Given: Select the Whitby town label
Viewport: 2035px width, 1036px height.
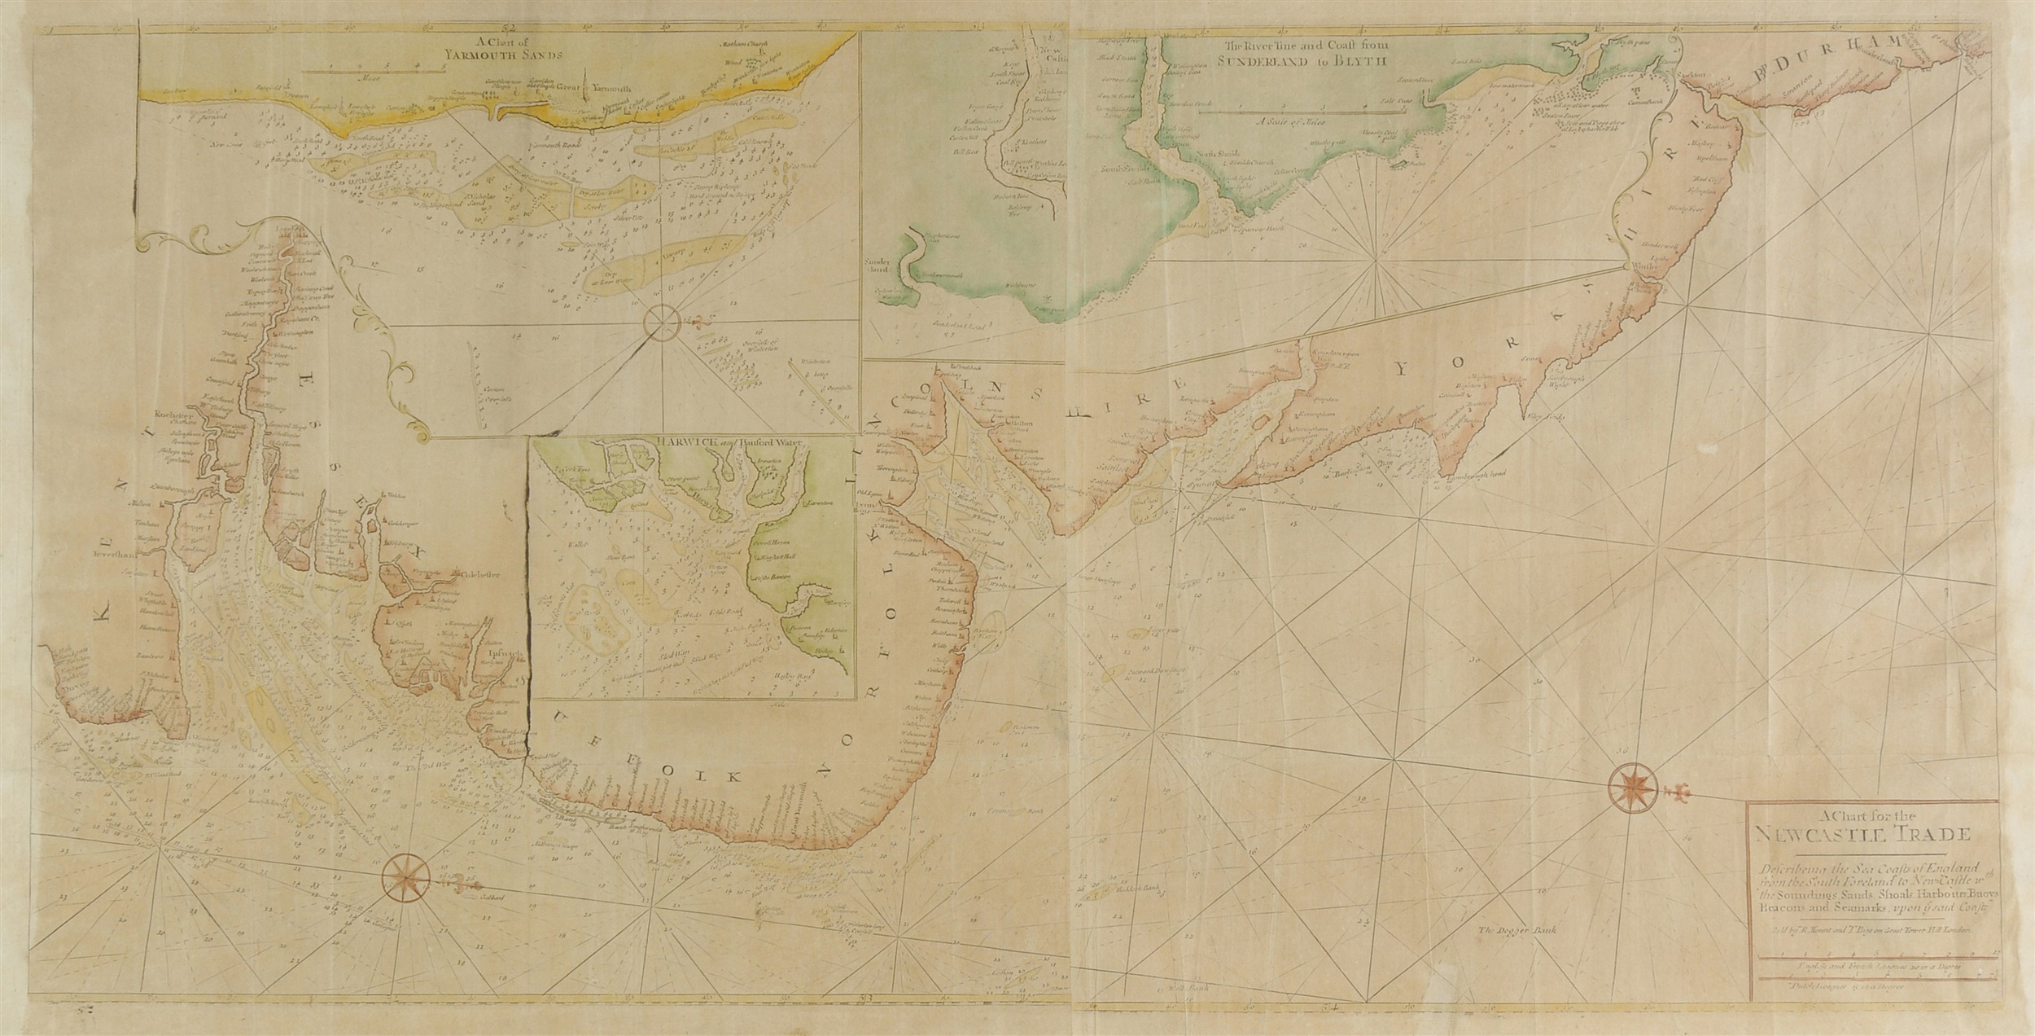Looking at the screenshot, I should pyautogui.click(x=1642, y=290).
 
